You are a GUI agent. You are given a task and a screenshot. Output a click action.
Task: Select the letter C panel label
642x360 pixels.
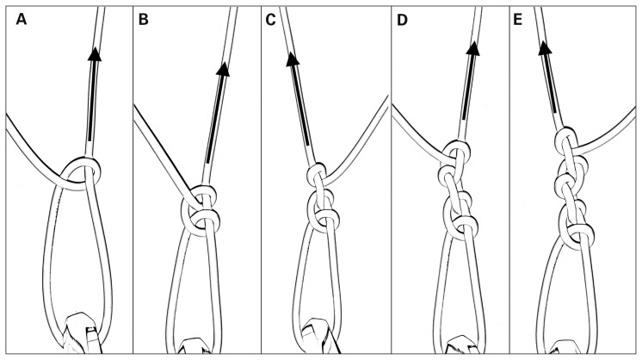273,18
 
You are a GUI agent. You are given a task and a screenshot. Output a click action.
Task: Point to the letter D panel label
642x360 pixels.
402,18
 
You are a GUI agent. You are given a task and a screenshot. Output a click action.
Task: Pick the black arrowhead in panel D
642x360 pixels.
474,51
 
